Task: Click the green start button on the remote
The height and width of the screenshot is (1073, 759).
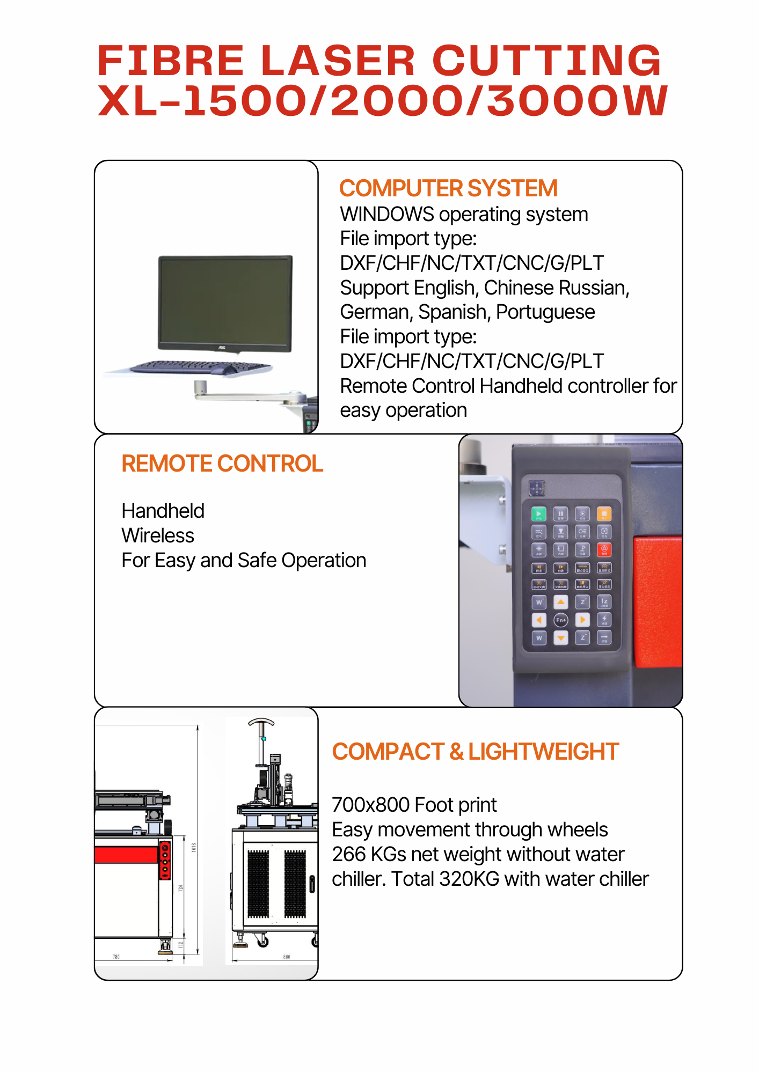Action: coord(538,514)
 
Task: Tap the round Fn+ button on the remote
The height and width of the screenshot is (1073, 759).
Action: coord(560,620)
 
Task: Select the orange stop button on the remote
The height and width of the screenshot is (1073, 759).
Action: coord(604,514)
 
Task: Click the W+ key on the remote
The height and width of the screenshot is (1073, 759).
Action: coord(539,602)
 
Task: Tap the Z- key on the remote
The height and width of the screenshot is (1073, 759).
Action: coord(582,637)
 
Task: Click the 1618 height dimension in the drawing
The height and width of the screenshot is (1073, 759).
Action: coord(194,847)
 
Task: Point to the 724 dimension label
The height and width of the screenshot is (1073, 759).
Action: coord(181,888)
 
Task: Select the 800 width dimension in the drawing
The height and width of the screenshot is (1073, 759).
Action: coord(287,957)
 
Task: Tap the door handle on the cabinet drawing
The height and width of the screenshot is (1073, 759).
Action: coord(312,884)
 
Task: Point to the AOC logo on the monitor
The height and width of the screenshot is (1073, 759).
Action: coord(222,347)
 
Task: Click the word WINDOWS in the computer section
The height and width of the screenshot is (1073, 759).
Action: coord(386,215)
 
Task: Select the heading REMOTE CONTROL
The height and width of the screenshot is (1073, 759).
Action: coord(222,464)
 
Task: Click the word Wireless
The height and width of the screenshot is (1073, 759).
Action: coord(158,535)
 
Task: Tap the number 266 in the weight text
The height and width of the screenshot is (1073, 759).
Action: coord(348,854)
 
